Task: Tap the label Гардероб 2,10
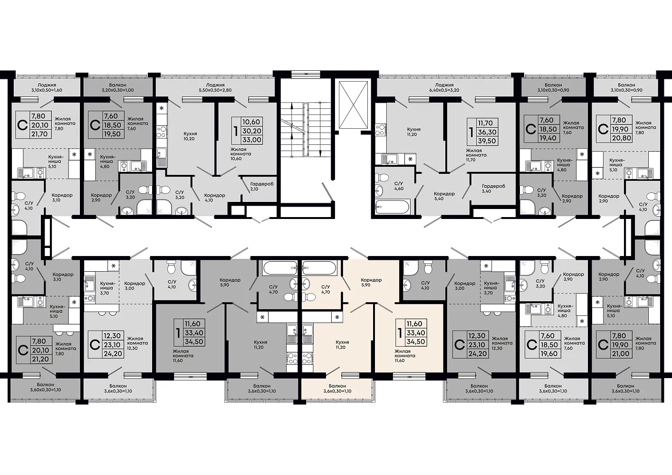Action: (262, 186)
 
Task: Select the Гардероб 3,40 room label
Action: (493, 188)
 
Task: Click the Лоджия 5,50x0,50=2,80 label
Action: (215, 87)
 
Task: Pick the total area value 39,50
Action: (487, 141)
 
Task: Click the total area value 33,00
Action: (251, 140)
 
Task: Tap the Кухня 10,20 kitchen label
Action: (189, 136)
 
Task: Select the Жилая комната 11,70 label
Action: (476, 155)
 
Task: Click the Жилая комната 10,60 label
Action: (240, 154)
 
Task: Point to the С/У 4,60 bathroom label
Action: (399, 186)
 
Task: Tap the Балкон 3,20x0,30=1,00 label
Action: (117, 87)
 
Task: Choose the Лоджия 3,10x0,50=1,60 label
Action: (47, 87)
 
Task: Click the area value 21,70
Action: (39, 134)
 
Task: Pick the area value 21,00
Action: (620, 353)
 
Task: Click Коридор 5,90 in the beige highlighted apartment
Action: (371, 282)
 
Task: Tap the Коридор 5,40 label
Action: (444, 196)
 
